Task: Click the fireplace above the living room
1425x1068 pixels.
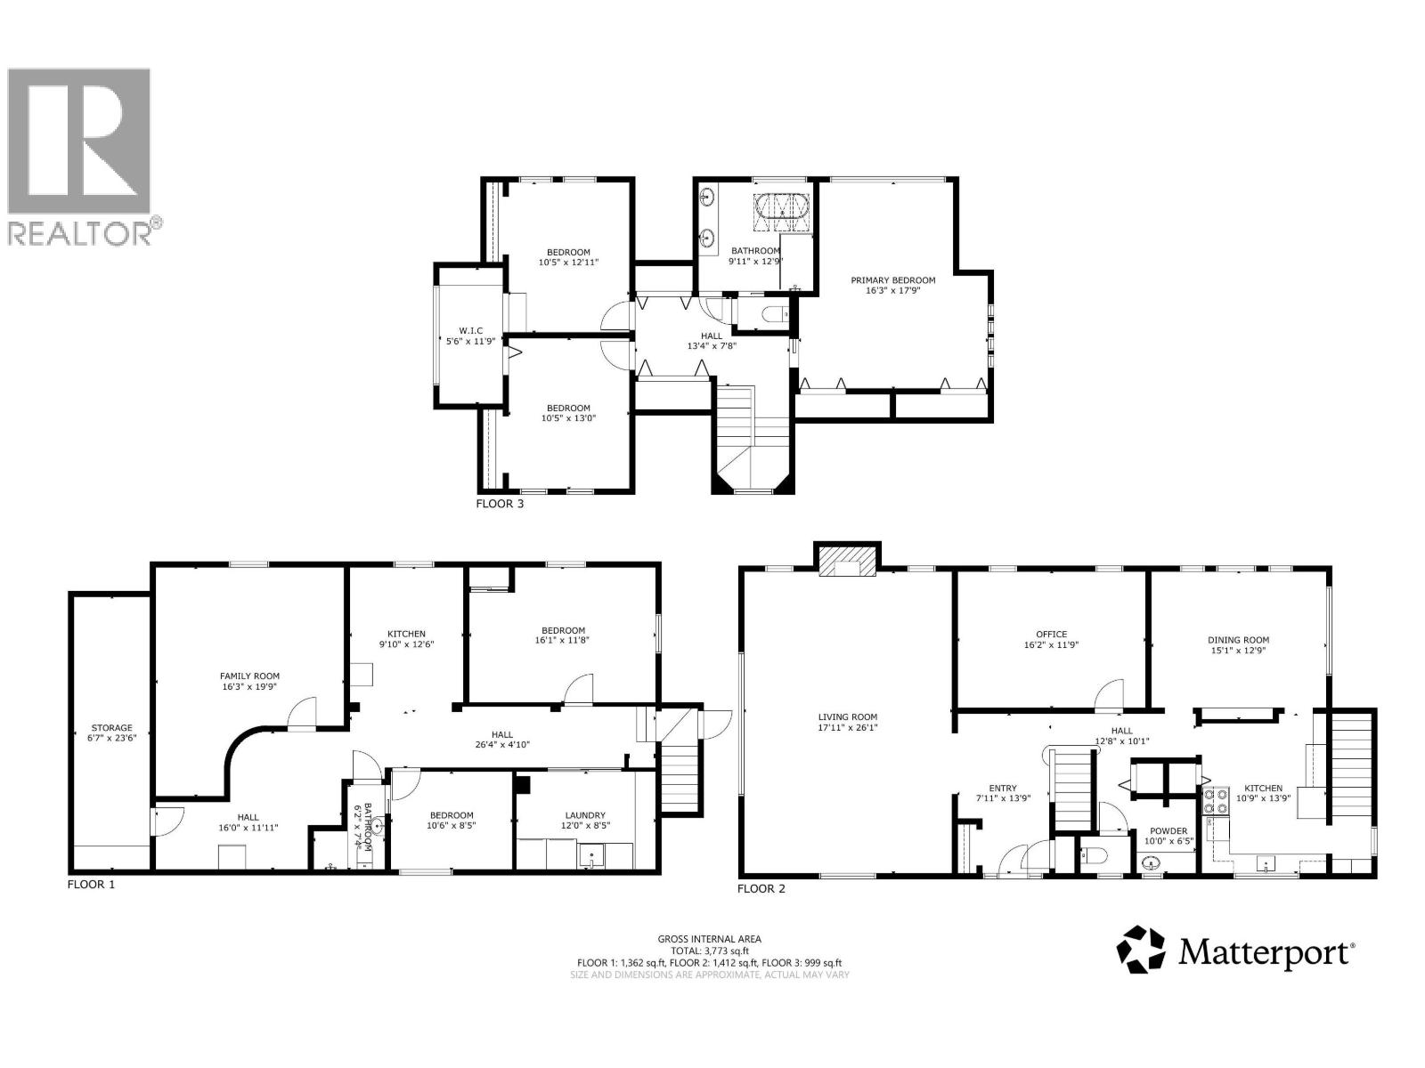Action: [x=847, y=562]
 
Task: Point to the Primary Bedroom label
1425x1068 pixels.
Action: [x=892, y=280]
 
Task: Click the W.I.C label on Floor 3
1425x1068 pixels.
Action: [x=470, y=331]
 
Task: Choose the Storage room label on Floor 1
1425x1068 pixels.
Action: [x=111, y=727]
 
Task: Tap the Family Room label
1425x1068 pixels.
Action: [x=249, y=676]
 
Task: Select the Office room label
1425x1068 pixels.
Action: [x=1051, y=635]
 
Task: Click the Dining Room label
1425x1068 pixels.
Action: [x=1238, y=639]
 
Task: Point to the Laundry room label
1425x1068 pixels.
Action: [x=585, y=815]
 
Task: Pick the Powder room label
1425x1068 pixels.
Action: [x=1168, y=830]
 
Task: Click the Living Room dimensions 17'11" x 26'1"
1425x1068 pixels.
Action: [x=847, y=727]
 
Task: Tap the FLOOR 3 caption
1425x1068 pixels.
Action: [x=500, y=503]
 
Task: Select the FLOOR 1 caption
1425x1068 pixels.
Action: [x=91, y=884]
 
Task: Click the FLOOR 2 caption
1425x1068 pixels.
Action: [x=761, y=888]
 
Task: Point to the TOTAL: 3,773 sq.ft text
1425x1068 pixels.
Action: [x=709, y=951]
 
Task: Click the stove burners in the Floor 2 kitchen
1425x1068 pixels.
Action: [x=1216, y=800]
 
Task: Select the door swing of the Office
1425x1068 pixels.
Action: [x=1109, y=694]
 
